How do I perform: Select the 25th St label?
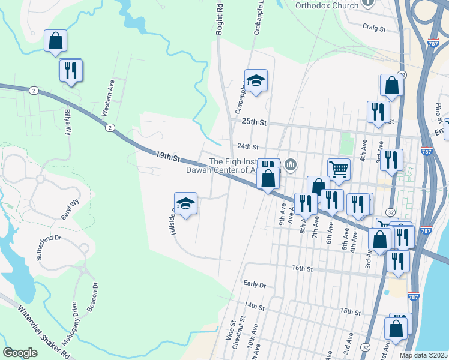coord(253,121)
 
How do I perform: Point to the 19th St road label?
coord(168,157)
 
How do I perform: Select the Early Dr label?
coord(255,283)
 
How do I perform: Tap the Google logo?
coord(20,353)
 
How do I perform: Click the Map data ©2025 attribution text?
coord(424,355)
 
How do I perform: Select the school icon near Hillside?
coord(186,203)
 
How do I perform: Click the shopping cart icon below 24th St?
coord(339,169)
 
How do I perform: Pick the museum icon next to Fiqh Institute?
coord(291,164)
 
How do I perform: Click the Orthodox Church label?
coord(327,5)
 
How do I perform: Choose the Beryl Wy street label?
coord(70,210)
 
